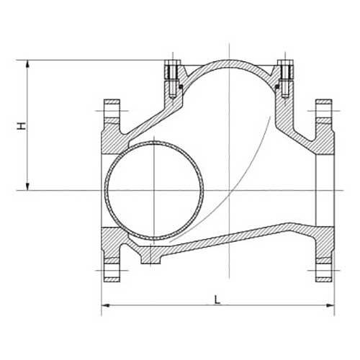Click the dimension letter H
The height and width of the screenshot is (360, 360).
[x=23, y=126]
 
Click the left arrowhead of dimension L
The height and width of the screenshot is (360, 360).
[x=104, y=307]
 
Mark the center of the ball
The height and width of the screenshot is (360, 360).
[x=155, y=191]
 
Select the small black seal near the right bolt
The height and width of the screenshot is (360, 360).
[x=276, y=88]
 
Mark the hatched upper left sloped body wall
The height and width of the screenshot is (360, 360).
[x=144, y=119]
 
